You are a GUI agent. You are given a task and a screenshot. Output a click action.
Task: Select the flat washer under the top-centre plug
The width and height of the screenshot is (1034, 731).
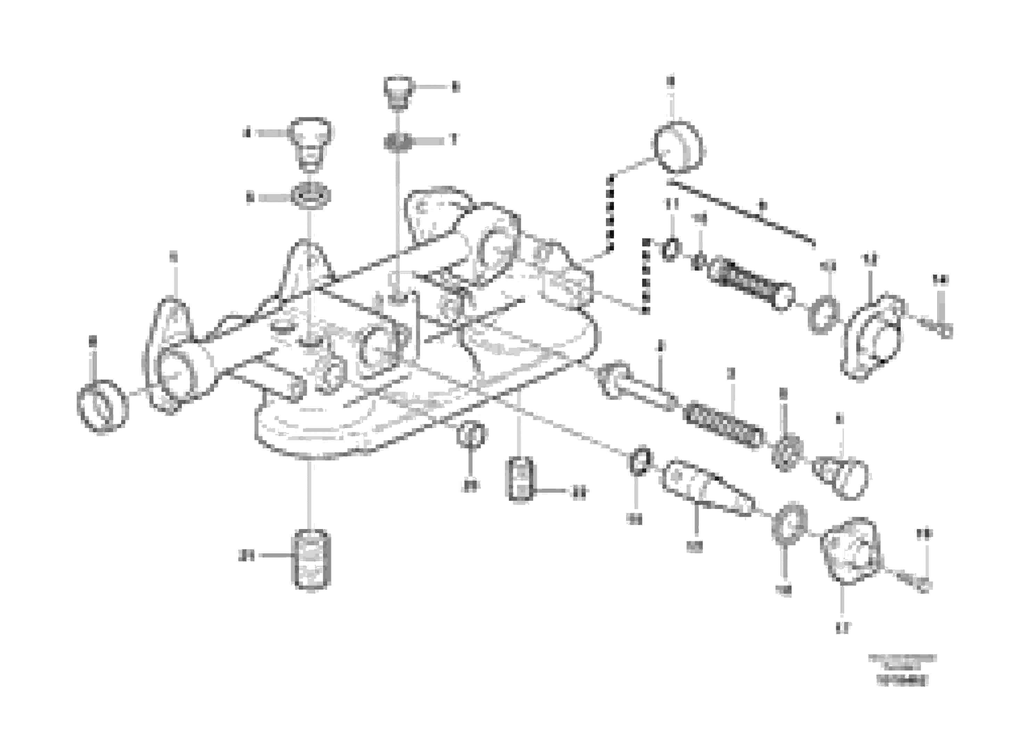pyautogui.click(x=397, y=143)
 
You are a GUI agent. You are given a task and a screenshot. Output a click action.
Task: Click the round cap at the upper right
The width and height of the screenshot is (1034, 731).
pyautogui.click(x=677, y=147)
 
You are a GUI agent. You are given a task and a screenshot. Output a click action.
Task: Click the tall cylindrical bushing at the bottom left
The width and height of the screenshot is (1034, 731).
pyautogui.click(x=312, y=559)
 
